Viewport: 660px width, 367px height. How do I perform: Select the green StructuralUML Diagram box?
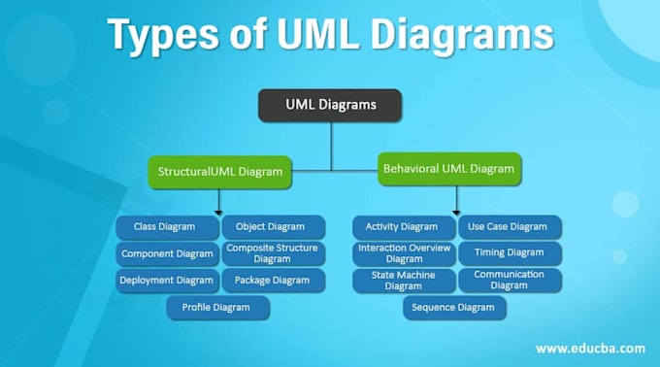click(x=220, y=173)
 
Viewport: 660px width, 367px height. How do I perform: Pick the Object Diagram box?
click(x=272, y=227)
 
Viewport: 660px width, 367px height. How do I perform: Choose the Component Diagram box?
click(x=168, y=253)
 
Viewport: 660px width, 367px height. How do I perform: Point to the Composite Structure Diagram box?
click(x=272, y=253)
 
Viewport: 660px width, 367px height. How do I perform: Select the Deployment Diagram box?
click(x=168, y=281)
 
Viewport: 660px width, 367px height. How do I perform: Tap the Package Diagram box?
click(x=272, y=281)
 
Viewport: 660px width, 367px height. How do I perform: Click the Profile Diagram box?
click(x=218, y=308)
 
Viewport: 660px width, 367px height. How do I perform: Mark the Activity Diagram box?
click(x=402, y=227)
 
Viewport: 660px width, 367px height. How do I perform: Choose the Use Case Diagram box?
click(x=510, y=227)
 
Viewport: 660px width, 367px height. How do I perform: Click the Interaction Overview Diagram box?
click(x=402, y=253)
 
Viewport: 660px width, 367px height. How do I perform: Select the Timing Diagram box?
click(x=510, y=253)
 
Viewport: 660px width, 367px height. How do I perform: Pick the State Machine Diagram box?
click(x=402, y=281)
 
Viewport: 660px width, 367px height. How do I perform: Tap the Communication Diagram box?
click(x=510, y=281)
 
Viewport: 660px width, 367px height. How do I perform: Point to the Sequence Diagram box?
click(x=454, y=308)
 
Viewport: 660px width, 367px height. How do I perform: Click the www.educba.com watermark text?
click(x=589, y=348)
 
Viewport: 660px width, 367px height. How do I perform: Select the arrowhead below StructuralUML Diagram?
click(x=219, y=211)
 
